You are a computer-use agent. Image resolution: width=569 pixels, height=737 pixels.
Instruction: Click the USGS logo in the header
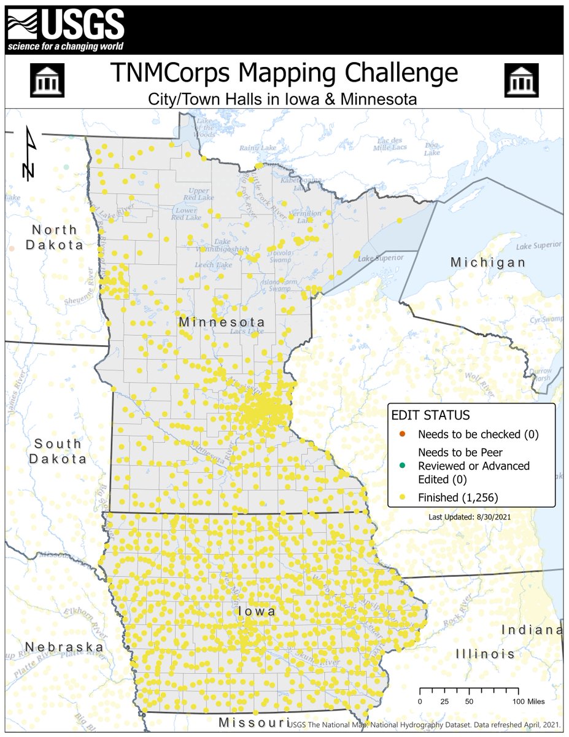pyautogui.click(x=66, y=28)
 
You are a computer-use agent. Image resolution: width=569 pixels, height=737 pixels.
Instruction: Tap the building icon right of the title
pyautogui.click(x=521, y=80)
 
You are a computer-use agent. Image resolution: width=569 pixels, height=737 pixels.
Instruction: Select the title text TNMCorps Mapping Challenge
pyautogui.click(x=284, y=73)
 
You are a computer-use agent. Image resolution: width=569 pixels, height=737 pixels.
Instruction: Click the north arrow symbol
pyautogui.click(x=29, y=154)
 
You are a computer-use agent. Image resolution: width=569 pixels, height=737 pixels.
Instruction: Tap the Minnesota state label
pyautogui.click(x=222, y=322)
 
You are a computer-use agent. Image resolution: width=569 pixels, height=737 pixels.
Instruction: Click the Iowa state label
pyautogui.click(x=255, y=612)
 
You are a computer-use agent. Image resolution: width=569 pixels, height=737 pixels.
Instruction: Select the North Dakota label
pyautogui.click(x=53, y=237)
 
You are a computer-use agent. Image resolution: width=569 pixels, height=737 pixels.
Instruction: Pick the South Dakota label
pyautogui.click(x=57, y=451)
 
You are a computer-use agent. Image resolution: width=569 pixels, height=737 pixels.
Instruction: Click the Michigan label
pyautogui.click(x=488, y=262)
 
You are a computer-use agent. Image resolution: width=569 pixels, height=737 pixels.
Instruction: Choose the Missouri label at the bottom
pyautogui.click(x=254, y=723)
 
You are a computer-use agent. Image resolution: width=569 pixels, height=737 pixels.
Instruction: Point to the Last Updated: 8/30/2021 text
pyautogui.click(x=470, y=517)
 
